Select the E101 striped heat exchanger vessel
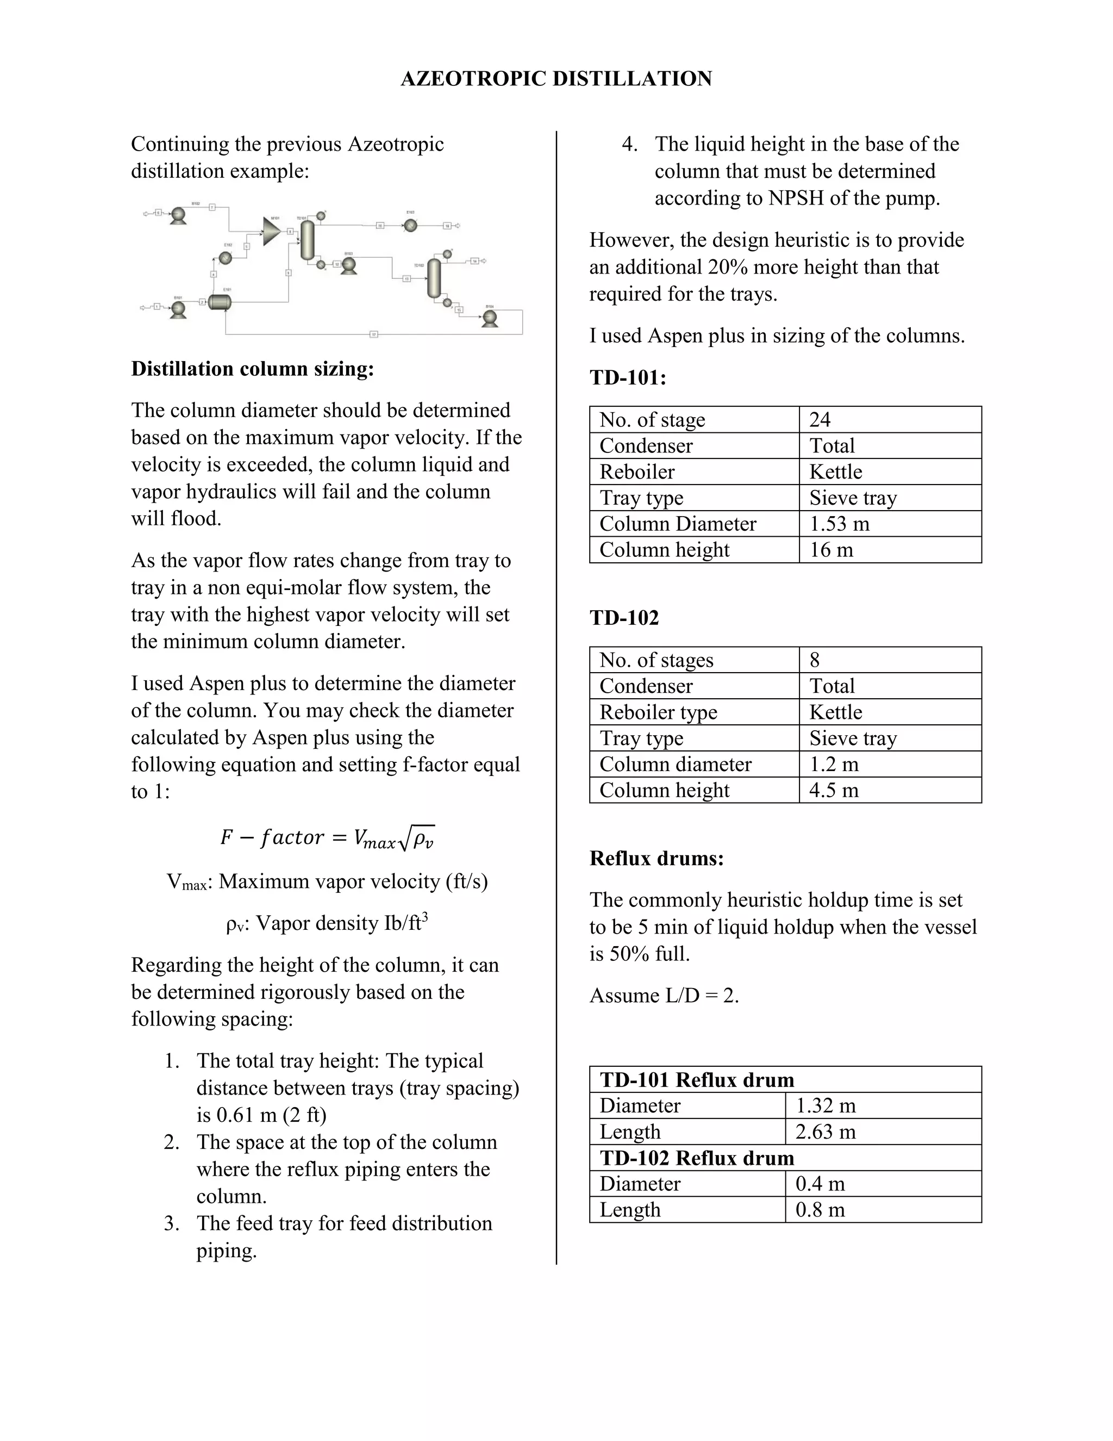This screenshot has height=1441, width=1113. point(220,302)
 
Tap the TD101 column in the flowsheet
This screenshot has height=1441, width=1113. point(307,240)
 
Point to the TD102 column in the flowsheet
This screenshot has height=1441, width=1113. point(434,278)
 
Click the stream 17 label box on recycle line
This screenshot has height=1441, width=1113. point(374,334)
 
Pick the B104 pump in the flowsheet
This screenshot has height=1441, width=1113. point(489,319)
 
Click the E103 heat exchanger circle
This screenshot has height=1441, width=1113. point(411,226)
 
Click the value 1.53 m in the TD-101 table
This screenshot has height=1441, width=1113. point(839,523)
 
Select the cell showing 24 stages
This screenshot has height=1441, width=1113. point(820,420)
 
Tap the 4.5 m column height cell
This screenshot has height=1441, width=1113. point(834,790)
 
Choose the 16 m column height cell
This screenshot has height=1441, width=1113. point(831,550)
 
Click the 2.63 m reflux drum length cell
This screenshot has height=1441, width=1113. point(826,1132)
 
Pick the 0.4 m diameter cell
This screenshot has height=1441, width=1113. point(820,1184)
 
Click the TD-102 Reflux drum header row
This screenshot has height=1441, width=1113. point(697,1158)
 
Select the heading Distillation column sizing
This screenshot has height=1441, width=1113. point(253,369)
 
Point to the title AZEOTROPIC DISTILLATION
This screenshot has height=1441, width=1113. point(556,78)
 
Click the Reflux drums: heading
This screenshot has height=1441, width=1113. point(656,859)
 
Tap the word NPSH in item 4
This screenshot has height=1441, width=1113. point(796,198)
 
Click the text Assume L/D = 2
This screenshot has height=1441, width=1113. point(664,995)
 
